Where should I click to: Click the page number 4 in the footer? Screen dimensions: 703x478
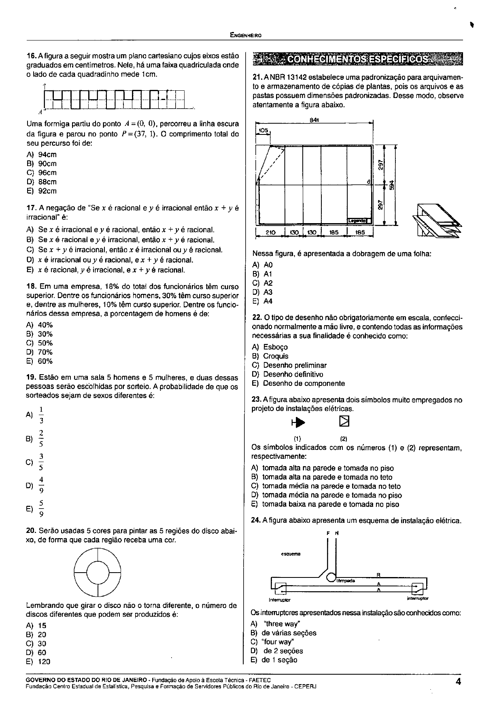pyautogui.click(x=458, y=681)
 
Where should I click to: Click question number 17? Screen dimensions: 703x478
pyautogui.click(x=31, y=208)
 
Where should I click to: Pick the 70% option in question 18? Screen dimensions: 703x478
pyautogui.click(x=45, y=352)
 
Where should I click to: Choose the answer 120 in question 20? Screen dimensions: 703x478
pyautogui.click(x=44, y=662)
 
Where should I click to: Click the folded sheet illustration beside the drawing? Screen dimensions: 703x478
pyautogui.click(x=436, y=222)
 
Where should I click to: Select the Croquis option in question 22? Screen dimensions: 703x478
pyautogui.click(x=276, y=356)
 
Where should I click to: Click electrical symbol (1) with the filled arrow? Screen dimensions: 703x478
pyautogui.click(x=297, y=422)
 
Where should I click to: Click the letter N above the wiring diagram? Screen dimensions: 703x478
pyautogui.click(x=336, y=533)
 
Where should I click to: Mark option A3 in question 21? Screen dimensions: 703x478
pyautogui.click(x=268, y=292)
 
